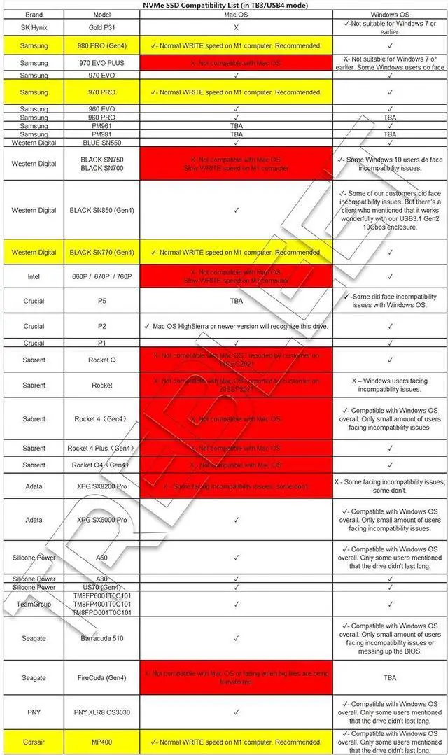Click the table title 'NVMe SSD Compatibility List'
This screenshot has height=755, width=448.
(x=224, y=5)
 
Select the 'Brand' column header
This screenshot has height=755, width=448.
(x=34, y=14)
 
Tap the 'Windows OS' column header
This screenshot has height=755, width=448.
(x=390, y=14)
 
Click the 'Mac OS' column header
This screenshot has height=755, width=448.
(x=236, y=14)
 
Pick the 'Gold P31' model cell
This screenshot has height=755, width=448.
(x=102, y=28)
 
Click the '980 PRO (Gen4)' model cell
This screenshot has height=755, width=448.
(x=102, y=46)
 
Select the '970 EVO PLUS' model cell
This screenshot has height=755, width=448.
(x=102, y=63)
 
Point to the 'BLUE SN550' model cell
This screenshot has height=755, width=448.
(x=102, y=142)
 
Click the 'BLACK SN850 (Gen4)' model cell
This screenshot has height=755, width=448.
(x=102, y=210)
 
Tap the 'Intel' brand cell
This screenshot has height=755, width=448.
(x=34, y=276)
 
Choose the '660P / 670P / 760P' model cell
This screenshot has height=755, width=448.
(x=102, y=276)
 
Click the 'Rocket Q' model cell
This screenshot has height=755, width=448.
(x=102, y=360)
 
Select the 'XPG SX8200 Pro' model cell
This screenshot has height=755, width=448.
(x=102, y=486)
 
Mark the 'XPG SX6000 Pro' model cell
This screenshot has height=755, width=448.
(x=102, y=520)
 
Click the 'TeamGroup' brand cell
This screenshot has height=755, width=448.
(x=34, y=604)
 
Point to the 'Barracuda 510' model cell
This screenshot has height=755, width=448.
(x=102, y=638)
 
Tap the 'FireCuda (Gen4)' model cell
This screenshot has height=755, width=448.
(x=102, y=677)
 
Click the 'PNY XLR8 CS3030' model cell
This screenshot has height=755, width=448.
(x=102, y=712)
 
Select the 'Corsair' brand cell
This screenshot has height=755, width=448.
(x=34, y=742)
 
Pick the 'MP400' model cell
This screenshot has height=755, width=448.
(x=102, y=742)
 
